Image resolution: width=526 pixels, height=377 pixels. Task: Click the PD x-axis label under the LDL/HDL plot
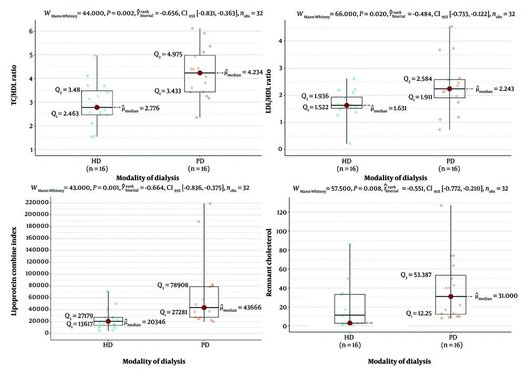[x=450, y=161]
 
